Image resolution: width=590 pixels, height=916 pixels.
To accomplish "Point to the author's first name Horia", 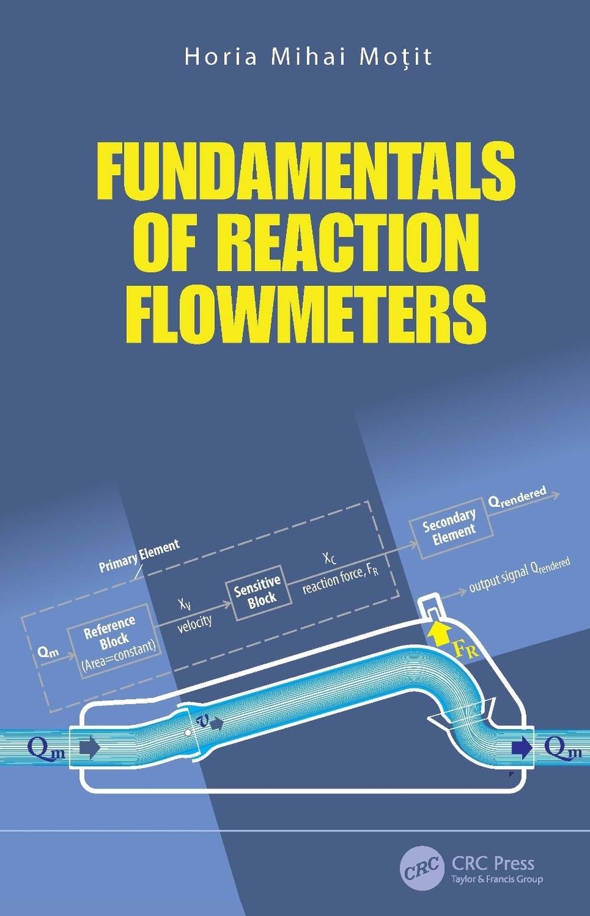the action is [221, 57].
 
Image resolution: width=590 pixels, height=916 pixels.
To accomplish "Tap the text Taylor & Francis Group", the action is [497, 879].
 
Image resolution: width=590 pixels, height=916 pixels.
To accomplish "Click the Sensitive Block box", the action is [258, 592].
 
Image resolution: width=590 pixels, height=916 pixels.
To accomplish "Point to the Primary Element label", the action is [139, 556].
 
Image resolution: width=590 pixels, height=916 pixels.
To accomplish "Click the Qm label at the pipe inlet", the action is [45, 749].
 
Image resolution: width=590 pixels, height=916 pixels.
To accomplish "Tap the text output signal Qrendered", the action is [519, 574].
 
